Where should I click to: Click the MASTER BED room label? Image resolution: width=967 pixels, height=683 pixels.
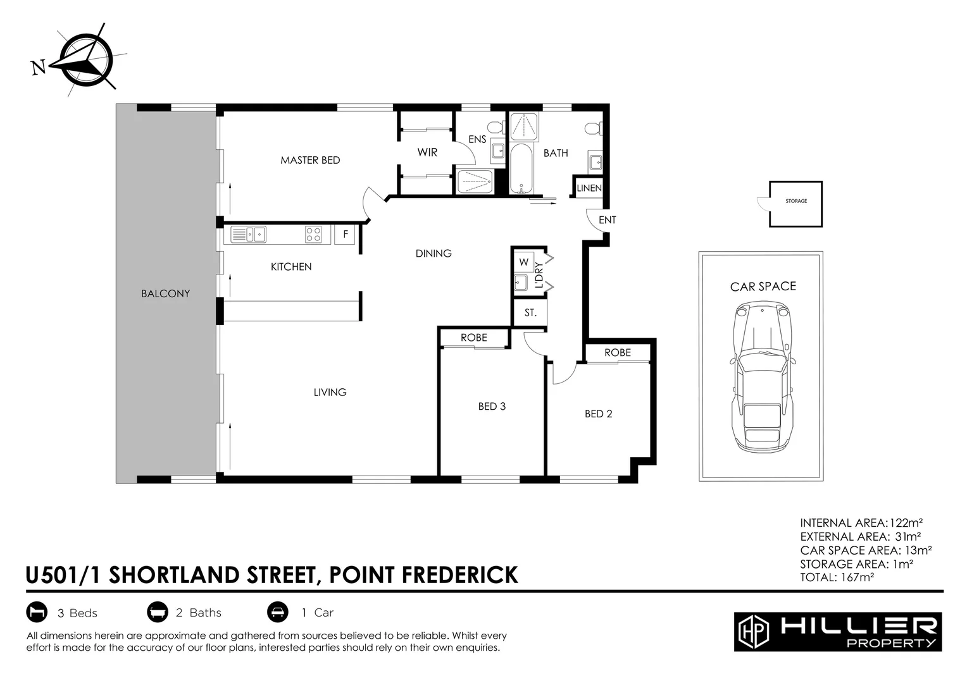(x=310, y=160)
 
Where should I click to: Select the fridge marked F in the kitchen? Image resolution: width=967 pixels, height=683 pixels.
(x=346, y=234)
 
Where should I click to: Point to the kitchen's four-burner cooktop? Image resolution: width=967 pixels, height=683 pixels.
(x=313, y=235)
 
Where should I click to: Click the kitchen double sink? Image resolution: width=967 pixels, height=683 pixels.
(x=248, y=235)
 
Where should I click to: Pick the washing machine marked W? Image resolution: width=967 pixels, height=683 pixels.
(x=523, y=262)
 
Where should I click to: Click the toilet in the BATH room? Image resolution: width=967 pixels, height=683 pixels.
(x=592, y=128)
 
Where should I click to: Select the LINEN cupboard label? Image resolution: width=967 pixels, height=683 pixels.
(x=589, y=188)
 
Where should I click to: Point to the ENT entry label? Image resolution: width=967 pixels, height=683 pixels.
(x=607, y=220)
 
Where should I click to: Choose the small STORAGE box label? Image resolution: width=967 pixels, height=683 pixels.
(x=796, y=201)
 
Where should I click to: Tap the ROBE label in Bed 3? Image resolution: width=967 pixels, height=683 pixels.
(x=473, y=338)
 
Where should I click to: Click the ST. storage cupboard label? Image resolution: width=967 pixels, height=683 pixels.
(x=530, y=312)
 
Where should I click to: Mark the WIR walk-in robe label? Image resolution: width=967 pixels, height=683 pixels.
(x=427, y=152)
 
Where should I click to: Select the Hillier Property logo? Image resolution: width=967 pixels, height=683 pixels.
(x=837, y=631)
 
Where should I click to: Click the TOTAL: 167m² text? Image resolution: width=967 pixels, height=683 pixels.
(x=837, y=577)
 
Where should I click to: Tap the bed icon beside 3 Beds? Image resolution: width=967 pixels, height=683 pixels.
(x=37, y=612)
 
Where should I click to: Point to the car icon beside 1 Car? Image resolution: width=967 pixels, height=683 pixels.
(x=277, y=612)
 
